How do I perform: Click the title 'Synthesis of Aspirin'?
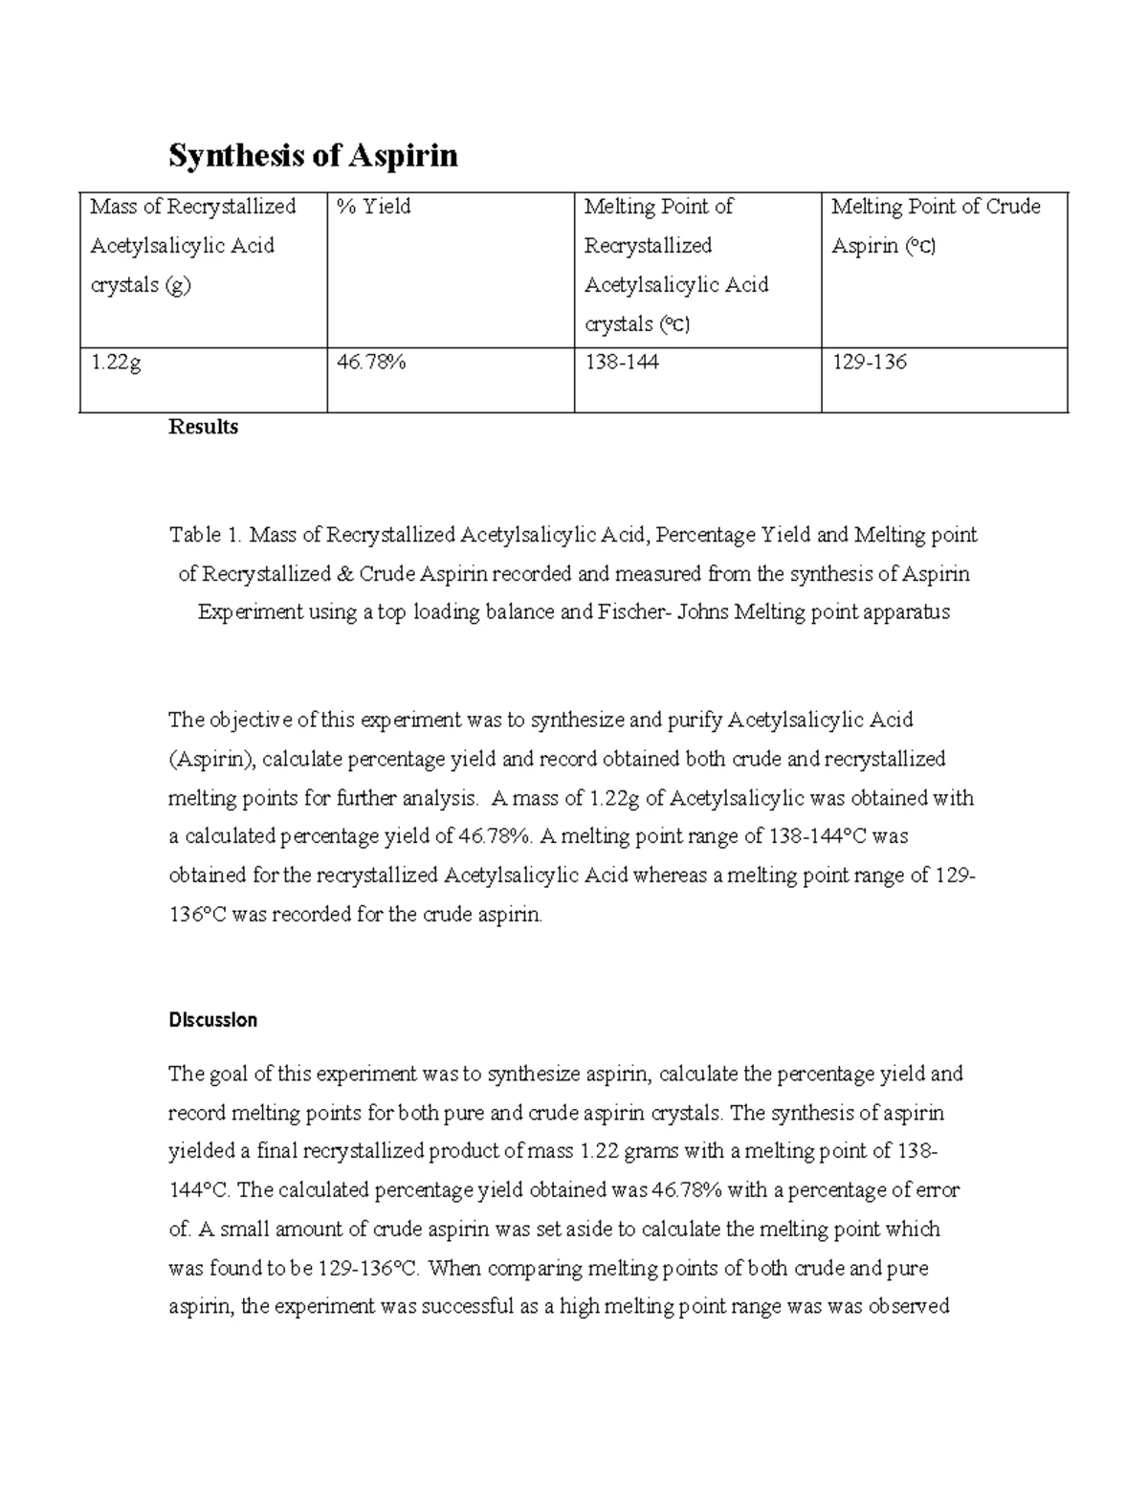click(x=313, y=155)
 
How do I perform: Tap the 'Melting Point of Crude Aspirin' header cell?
click(x=936, y=226)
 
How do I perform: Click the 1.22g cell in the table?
click(x=115, y=364)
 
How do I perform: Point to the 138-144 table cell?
click(x=621, y=364)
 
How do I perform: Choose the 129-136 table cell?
click(x=869, y=364)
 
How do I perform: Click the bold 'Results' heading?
click(x=203, y=427)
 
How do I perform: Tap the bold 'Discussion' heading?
click(x=212, y=1020)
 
